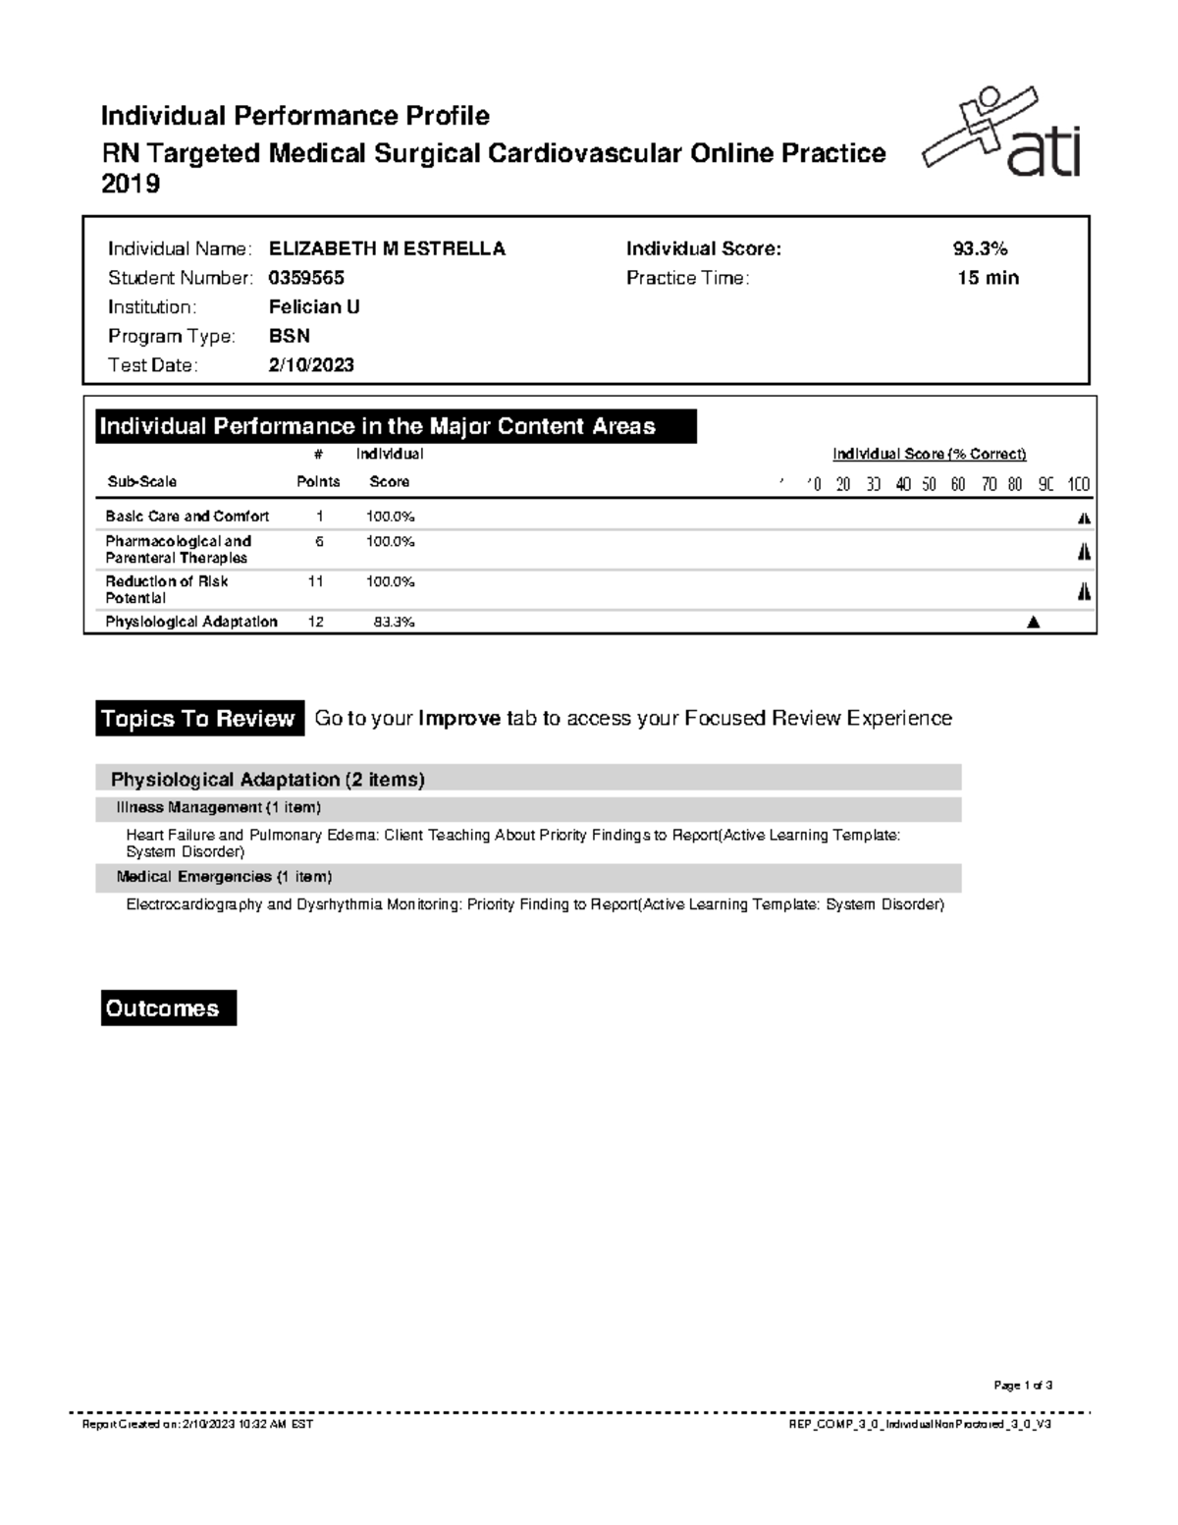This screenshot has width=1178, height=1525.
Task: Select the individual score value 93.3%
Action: click(973, 249)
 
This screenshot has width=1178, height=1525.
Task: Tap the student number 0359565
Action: click(306, 278)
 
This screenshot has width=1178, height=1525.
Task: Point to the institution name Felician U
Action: click(314, 307)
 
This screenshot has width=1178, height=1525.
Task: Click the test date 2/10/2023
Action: click(311, 365)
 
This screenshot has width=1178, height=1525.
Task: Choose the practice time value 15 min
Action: click(988, 278)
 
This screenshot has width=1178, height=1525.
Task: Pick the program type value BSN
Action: click(290, 336)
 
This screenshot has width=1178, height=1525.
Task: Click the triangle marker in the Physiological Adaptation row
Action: click(1032, 622)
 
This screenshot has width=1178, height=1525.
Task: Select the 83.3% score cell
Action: click(394, 622)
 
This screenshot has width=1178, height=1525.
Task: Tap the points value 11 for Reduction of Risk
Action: click(315, 581)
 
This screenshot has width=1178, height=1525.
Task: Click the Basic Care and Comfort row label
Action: click(187, 517)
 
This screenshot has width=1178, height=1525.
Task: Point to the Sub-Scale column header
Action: click(141, 482)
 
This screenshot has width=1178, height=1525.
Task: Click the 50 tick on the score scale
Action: click(929, 484)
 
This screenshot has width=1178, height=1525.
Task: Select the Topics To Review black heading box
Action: click(199, 719)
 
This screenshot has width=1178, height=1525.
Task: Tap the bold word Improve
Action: click(459, 719)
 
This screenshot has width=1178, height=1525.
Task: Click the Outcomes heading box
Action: click(168, 1008)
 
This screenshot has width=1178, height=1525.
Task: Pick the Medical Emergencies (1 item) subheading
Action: click(224, 877)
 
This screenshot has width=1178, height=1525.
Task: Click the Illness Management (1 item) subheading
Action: click(218, 808)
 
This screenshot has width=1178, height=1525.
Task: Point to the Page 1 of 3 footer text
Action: click(1023, 1386)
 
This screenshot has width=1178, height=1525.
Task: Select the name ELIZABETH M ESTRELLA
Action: click(387, 249)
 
